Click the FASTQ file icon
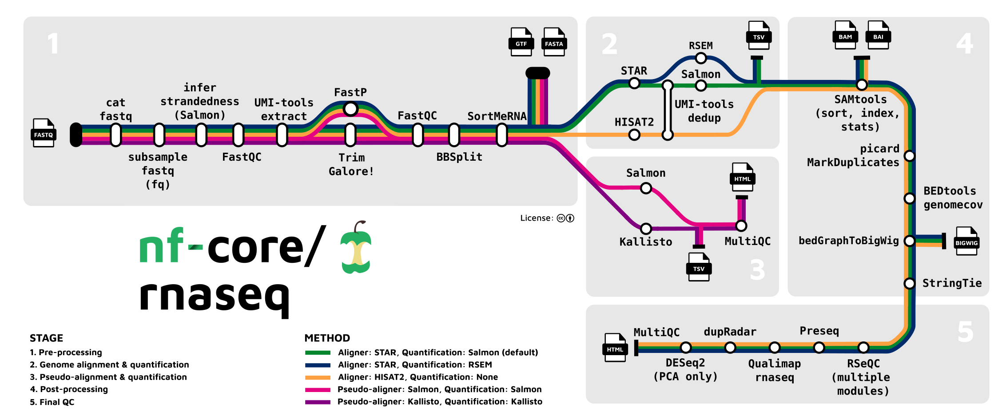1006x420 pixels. click(x=44, y=132)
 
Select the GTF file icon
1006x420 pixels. click(x=521, y=42)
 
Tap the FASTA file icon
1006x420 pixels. click(x=554, y=42)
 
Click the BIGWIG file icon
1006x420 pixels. click(x=966, y=241)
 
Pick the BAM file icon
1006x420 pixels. click(x=845, y=35)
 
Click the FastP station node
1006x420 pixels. click(x=350, y=108)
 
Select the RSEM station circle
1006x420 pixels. click(x=700, y=58)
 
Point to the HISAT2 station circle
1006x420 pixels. click(x=634, y=135)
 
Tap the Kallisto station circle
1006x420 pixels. click(x=646, y=229)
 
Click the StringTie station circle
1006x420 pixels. click(x=909, y=283)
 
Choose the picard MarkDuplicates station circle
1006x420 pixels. click(x=909, y=156)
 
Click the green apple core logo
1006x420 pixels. click(x=356, y=249)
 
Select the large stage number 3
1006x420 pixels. click(x=757, y=269)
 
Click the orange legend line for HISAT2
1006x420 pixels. click(x=318, y=377)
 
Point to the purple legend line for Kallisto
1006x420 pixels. click(x=318, y=402)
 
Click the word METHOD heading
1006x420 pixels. click(x=327, y=338)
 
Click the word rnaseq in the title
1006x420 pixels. click(x=214, y=297)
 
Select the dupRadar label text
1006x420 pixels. click(x=730, y=332)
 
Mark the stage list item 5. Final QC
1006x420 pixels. click(x=52, y=402)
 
